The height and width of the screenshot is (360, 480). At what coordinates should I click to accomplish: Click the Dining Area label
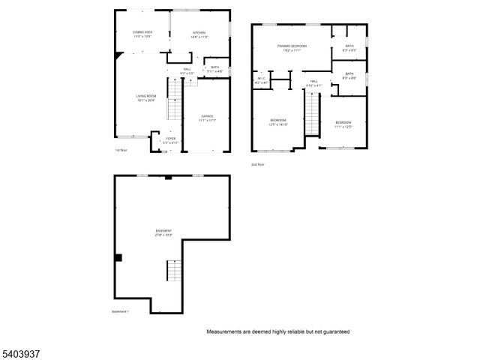tap(142, 34)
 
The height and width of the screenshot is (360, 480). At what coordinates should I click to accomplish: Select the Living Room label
tap(145, 97)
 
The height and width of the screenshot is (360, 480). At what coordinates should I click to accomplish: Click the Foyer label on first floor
tap(171, 139)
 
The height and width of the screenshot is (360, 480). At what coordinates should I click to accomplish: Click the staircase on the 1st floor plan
tap(174, 100)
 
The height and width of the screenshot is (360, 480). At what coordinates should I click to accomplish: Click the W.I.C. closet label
tap(261, 79)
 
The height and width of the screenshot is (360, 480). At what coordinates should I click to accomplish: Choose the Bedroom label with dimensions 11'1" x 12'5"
tap(343, 123)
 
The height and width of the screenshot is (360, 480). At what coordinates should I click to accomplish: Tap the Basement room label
tap(164, 232)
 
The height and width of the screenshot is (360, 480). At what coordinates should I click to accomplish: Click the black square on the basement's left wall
tap(118, 258)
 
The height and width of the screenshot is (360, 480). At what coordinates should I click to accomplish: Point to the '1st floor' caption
tap(122, 151)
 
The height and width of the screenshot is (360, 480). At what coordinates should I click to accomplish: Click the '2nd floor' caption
tap(258, 164)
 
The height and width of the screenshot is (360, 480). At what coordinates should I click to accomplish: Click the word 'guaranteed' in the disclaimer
tap(334, 331)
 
